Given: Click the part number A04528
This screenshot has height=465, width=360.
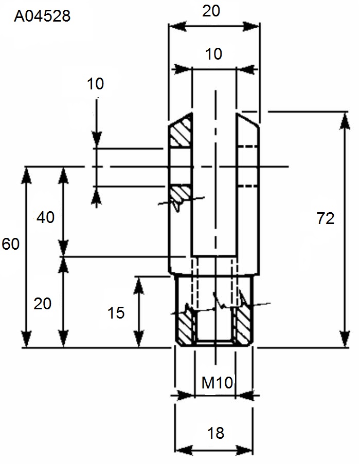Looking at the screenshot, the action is coord(42,16).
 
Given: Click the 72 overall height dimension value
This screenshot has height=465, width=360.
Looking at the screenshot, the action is coord(325,218).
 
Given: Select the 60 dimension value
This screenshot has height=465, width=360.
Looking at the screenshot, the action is coord(10,244).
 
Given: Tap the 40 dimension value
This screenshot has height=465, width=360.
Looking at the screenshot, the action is coord(45,217).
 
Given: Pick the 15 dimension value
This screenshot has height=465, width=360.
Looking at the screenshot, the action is coord(116,313).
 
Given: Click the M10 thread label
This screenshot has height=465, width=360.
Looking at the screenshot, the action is coord(217,383).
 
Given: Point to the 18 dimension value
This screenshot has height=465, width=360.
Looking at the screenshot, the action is coord(216,433).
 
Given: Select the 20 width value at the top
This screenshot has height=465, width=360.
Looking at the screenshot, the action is coord(211,11).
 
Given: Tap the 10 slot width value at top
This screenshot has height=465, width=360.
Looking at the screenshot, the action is coord(213,54).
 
